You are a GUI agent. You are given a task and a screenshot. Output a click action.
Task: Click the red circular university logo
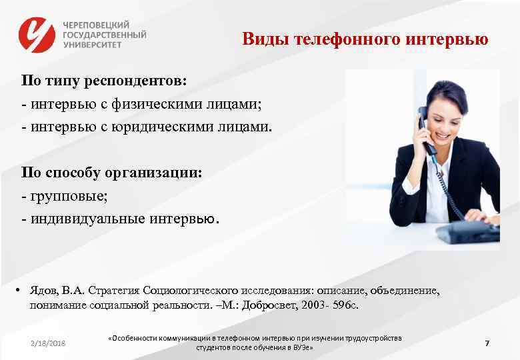[x=37, y=34]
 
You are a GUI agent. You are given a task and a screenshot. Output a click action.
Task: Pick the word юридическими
[x=159, y=127]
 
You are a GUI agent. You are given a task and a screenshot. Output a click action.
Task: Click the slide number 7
[x=487, y=343]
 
